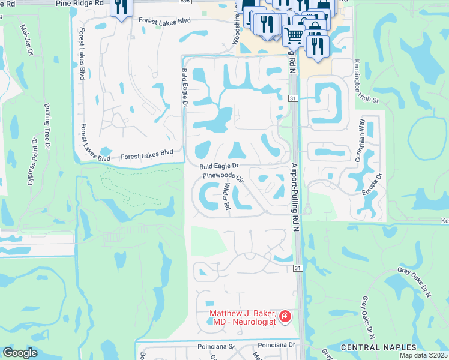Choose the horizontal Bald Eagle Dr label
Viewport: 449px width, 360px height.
pos(219,165)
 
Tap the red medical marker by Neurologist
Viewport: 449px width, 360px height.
pos(285,316)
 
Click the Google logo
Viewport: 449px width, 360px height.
pos(20,353)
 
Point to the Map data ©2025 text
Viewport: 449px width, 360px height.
pos(424,355)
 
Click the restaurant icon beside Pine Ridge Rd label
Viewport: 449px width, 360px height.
pos(122,7)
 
